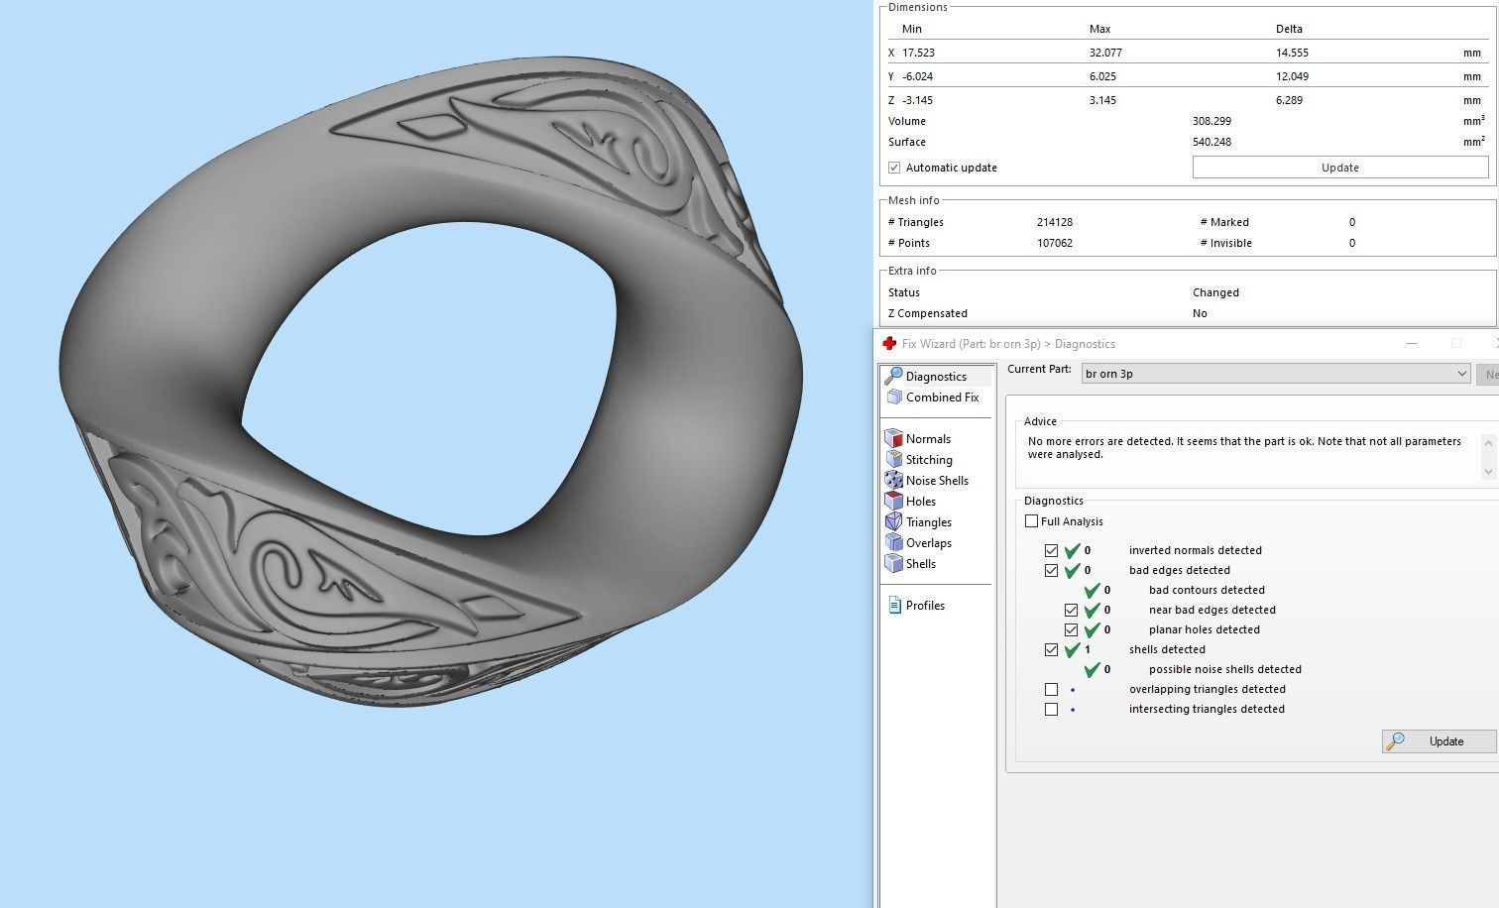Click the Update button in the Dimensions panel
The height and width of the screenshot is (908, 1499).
1339,168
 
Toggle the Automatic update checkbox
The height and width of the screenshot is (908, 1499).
894,168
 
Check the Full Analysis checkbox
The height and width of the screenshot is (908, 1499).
1031,521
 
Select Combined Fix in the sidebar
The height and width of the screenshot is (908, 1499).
941,397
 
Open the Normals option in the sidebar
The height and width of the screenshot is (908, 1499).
927,439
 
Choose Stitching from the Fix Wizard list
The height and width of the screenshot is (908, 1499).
928,460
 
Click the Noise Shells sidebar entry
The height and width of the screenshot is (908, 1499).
936,481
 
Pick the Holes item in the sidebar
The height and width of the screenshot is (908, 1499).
920,502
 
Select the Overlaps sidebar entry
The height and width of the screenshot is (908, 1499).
928,543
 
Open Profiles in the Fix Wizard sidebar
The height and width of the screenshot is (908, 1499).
924,606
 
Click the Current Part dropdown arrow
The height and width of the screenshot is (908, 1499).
1461,374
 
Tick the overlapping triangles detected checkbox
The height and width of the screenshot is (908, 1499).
1051,689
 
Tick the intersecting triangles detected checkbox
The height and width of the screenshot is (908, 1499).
1051,709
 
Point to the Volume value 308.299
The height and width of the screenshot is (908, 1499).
1211,121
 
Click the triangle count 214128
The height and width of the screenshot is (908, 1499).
1055,222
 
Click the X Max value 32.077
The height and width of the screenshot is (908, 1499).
1105,53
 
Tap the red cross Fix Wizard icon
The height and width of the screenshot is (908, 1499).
889,344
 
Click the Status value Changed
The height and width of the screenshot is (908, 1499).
1215,292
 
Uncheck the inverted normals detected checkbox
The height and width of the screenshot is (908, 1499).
1051,550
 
